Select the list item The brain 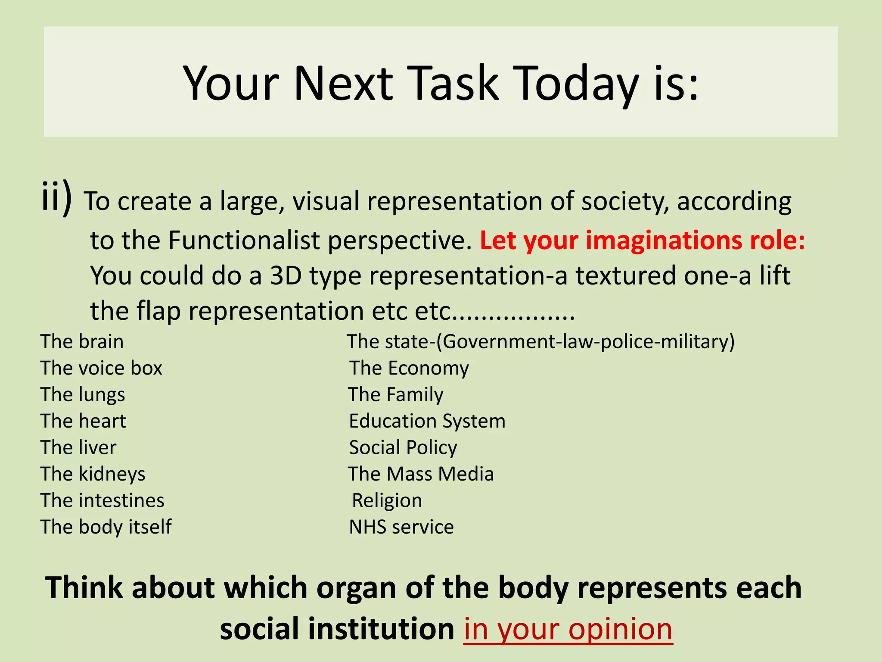click(x=82, y=342)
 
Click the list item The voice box click(x=101, y=368)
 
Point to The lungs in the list click(x=83, y=395)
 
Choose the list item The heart click(x=83, y=421)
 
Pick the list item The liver click(x=78, y=448)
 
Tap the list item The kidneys click(x=93, y=474)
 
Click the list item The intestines click(x=102, y=501)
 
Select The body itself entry click(x=106, y=527)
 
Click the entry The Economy click(x=409, y=368)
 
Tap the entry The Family click(x=395, y=395)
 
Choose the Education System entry click(x=427, y=421)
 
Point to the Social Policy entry click(x=403, y=448)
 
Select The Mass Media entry click(x=421, y=474)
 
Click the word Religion click(x=387, y=501)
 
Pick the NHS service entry click(x=401, y=527)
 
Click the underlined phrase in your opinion click(x=568, y=629)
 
